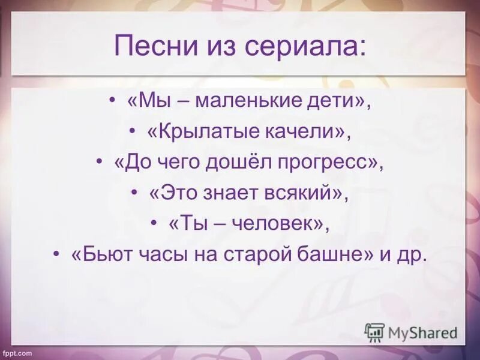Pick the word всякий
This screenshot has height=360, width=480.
coord(303,193)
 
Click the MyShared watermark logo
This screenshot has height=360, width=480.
coord(411,332)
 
